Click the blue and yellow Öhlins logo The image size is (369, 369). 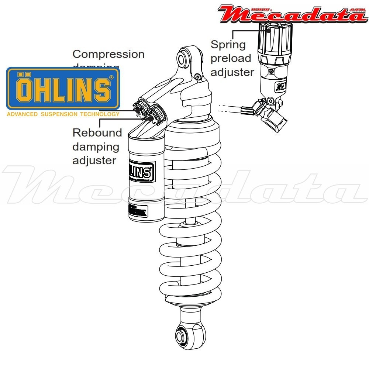(x=63, y=88)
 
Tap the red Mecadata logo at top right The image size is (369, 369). (x=292, y=14)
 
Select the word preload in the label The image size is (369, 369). (x=231, y=58)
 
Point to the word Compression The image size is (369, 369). (x=108, y=54)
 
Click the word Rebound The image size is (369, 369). (x=97, y=132)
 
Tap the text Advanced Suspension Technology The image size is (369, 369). (x=63, y=114)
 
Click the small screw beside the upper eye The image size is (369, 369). (x=199, y=76)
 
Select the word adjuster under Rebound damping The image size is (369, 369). (x=94, y=161)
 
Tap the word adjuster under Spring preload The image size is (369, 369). (x=232, y=72)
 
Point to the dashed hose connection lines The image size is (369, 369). (x=229, y=108)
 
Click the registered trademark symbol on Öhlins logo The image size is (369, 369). (x=111, y=77)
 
